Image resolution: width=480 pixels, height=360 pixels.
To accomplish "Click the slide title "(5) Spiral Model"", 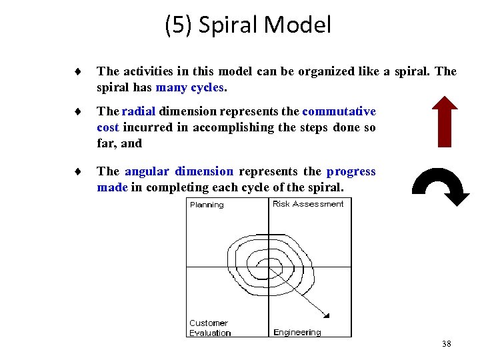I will point(247,25).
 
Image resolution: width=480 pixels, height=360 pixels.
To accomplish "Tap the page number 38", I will point(446,344).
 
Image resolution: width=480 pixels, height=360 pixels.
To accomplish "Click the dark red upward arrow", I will point(440,122).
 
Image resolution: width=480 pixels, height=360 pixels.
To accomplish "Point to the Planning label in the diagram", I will point(207,205).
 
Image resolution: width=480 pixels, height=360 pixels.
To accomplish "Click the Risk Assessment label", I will point(308,204).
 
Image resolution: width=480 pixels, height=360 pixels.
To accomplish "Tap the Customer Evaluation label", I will point(209,328).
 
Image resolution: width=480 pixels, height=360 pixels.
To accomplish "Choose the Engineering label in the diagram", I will point(297,332).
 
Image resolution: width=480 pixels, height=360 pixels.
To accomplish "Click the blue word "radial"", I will point(139,111).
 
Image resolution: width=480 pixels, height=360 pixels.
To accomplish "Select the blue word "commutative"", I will point(339,111).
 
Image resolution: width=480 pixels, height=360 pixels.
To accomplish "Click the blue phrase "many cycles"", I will point(191,87).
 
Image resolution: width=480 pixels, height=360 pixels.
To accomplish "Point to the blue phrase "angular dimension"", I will point(179,171).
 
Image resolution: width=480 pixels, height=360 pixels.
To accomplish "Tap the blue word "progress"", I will point(351,171).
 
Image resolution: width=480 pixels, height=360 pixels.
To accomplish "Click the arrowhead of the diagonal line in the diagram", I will point(327,314).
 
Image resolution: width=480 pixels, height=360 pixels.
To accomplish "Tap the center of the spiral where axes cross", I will point(269,267).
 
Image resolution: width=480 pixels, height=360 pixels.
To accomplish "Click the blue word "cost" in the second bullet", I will point(109,127).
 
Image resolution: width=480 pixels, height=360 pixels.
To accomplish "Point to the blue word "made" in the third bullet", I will point(112,187).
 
